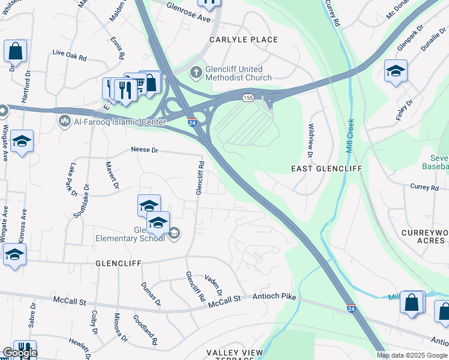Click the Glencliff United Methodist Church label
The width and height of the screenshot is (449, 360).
coord(239,73)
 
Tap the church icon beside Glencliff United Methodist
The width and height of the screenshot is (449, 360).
coord(195,73)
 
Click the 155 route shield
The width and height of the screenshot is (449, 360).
coord(248,97)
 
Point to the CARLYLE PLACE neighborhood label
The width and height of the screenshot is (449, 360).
coord(243,40)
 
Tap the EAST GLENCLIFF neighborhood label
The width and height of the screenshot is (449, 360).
coord(326,169)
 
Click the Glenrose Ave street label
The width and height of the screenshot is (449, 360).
coord(189,18)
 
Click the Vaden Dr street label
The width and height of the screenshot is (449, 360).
coord(214,284)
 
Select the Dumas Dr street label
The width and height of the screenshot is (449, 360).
coord(150,293)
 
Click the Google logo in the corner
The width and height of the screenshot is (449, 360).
coord(20,353)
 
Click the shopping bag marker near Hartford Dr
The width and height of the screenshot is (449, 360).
coord(15,52)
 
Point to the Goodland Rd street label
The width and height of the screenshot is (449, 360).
coord(145,329)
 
